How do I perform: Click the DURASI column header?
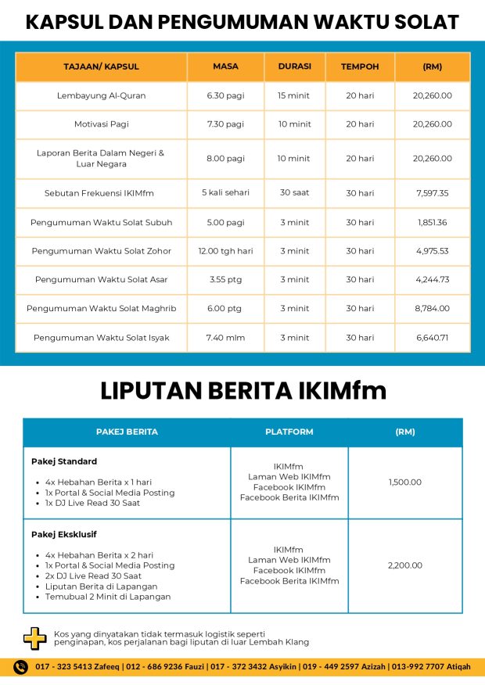pyautogui.click(x=294, y=66)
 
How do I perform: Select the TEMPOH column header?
pyautogui.click(x=360, y=66)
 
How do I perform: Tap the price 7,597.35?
pyautogui.click(x=433, y=192)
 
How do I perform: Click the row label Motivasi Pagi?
pyautogui.click(x=101, y=124)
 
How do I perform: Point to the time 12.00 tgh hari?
pyautogui.click(x=225, y=251)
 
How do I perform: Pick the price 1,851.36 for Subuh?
pyautogui.click(x=433, y=222)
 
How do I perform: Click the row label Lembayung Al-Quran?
pyautogui.click(x=101, y=95)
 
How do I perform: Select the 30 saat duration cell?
pyautogui.click(x=294, y=192)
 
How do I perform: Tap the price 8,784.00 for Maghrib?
pyautogui.click(x=433, y=308)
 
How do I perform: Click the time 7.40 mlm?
pyautogui.click(x=225, y=337)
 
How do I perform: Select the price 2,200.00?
pyautogui.click(x=405, y=565)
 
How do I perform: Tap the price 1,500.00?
pyautogui.click(x=405, y=482)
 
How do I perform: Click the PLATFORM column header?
pyautogui.click(x=289, y=432)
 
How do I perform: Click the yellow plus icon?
pyautogui.click(x=34, y=638)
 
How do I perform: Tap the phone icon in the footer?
pyautogui.click(x=22, y=667)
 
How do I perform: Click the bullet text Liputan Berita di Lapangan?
pyautogui.click(x=101, y=586)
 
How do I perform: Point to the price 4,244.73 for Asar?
pyautogui.click(x=433, y=279)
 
